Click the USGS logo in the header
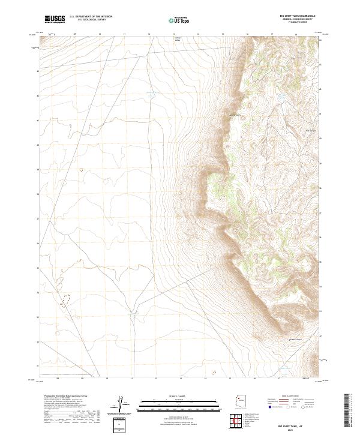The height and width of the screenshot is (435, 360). pos(55,19)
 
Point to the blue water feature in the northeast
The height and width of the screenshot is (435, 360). pos(280,97)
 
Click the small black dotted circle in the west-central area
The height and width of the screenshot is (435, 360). pos(82,170)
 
